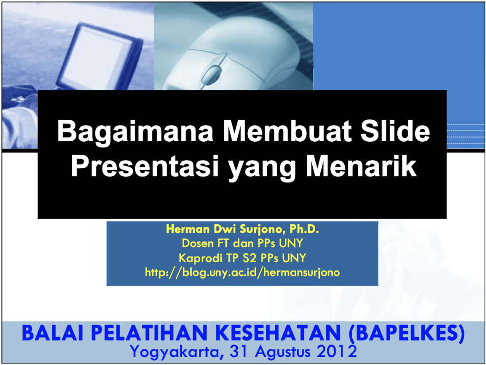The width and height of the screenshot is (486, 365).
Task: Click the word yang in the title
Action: tap(262, 169)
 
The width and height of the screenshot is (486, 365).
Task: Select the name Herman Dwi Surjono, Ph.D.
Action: tap(243, 229)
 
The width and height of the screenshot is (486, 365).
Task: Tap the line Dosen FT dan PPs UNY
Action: tap(243, 243)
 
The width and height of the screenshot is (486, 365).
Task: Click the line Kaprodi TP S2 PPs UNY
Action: tap(243, 258)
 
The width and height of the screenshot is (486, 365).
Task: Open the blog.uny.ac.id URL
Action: tap(243, 273)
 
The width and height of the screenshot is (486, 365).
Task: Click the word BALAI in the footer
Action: tap(53, 333)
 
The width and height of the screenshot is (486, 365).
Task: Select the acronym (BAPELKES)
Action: tap(407, 333)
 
